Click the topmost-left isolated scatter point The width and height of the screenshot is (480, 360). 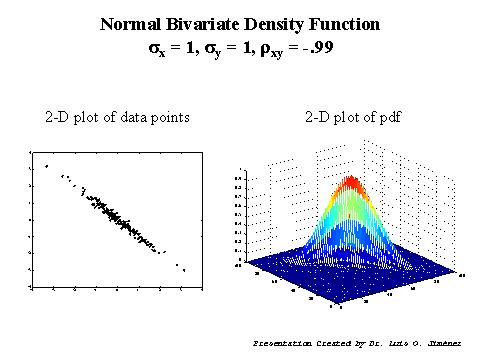46,166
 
